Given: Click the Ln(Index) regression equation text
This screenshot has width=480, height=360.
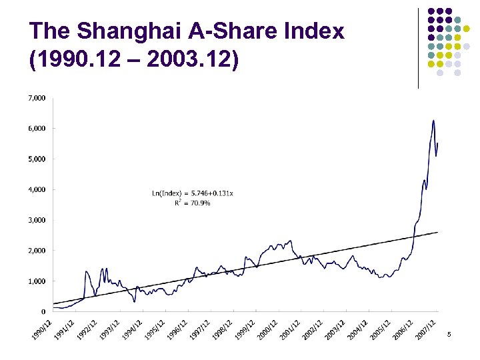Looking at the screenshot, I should coord(193,193).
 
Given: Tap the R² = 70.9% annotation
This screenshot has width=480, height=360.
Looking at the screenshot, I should coord(192,203).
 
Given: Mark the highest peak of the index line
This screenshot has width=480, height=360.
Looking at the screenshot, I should coord(433,121).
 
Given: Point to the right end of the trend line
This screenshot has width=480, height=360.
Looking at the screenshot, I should coord(437,232).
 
